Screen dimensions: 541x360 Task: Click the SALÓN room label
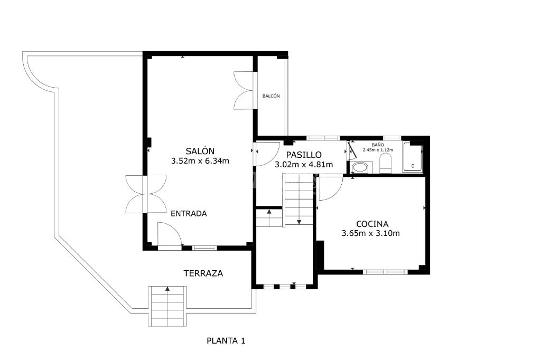200,150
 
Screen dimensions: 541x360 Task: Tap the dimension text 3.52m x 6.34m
200,160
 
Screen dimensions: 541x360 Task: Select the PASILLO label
304,155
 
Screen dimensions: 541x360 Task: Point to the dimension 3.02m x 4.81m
304,165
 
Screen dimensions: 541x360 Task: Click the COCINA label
372,224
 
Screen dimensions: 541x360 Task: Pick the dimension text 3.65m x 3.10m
371,233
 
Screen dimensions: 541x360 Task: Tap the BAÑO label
378,145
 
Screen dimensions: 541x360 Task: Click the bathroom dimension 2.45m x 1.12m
378,150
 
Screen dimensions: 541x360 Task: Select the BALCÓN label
271,96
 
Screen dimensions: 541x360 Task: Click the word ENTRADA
189,213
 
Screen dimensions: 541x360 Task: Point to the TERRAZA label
203,273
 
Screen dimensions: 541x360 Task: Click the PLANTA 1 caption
226,340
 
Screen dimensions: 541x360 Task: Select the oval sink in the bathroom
360,168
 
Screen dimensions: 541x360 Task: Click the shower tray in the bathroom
413,157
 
